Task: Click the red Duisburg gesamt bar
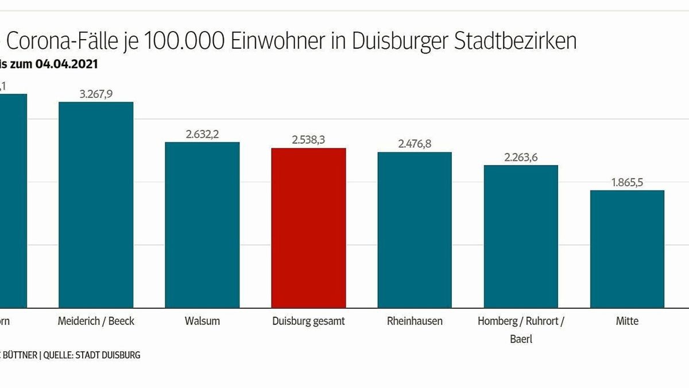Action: [308, 228]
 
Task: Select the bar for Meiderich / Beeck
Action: [96, 205]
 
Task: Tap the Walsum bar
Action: [202, 225]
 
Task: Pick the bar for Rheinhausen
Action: [415, 230]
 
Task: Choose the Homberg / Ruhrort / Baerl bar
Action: [521, 236]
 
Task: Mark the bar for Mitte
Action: [627, 249]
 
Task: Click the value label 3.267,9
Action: [96, 94]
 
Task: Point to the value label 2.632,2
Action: [202, 135]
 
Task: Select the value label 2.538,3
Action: [308, 140]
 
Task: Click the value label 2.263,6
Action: [521, 157]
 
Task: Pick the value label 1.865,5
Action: [627, 183]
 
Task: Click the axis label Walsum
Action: [202, 321]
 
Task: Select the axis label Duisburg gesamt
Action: [308, 321]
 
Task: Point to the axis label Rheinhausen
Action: [415, 321]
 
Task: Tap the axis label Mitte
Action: [627, 321]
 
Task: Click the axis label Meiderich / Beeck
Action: [96, 321]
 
